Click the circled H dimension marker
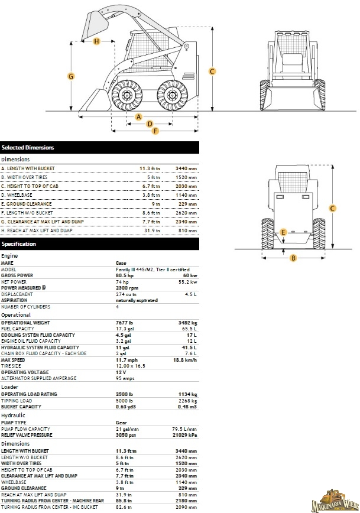[96, 41]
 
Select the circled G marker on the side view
[71, 76]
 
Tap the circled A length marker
[139, 116]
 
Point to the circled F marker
[155, 131]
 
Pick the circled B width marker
[293, 257]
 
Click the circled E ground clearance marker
[284, 232]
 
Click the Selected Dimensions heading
[28, 148]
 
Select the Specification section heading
[19, 244]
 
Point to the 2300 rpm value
[125, 287]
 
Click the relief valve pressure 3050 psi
[125, 434]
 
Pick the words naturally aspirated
[137, 301]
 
